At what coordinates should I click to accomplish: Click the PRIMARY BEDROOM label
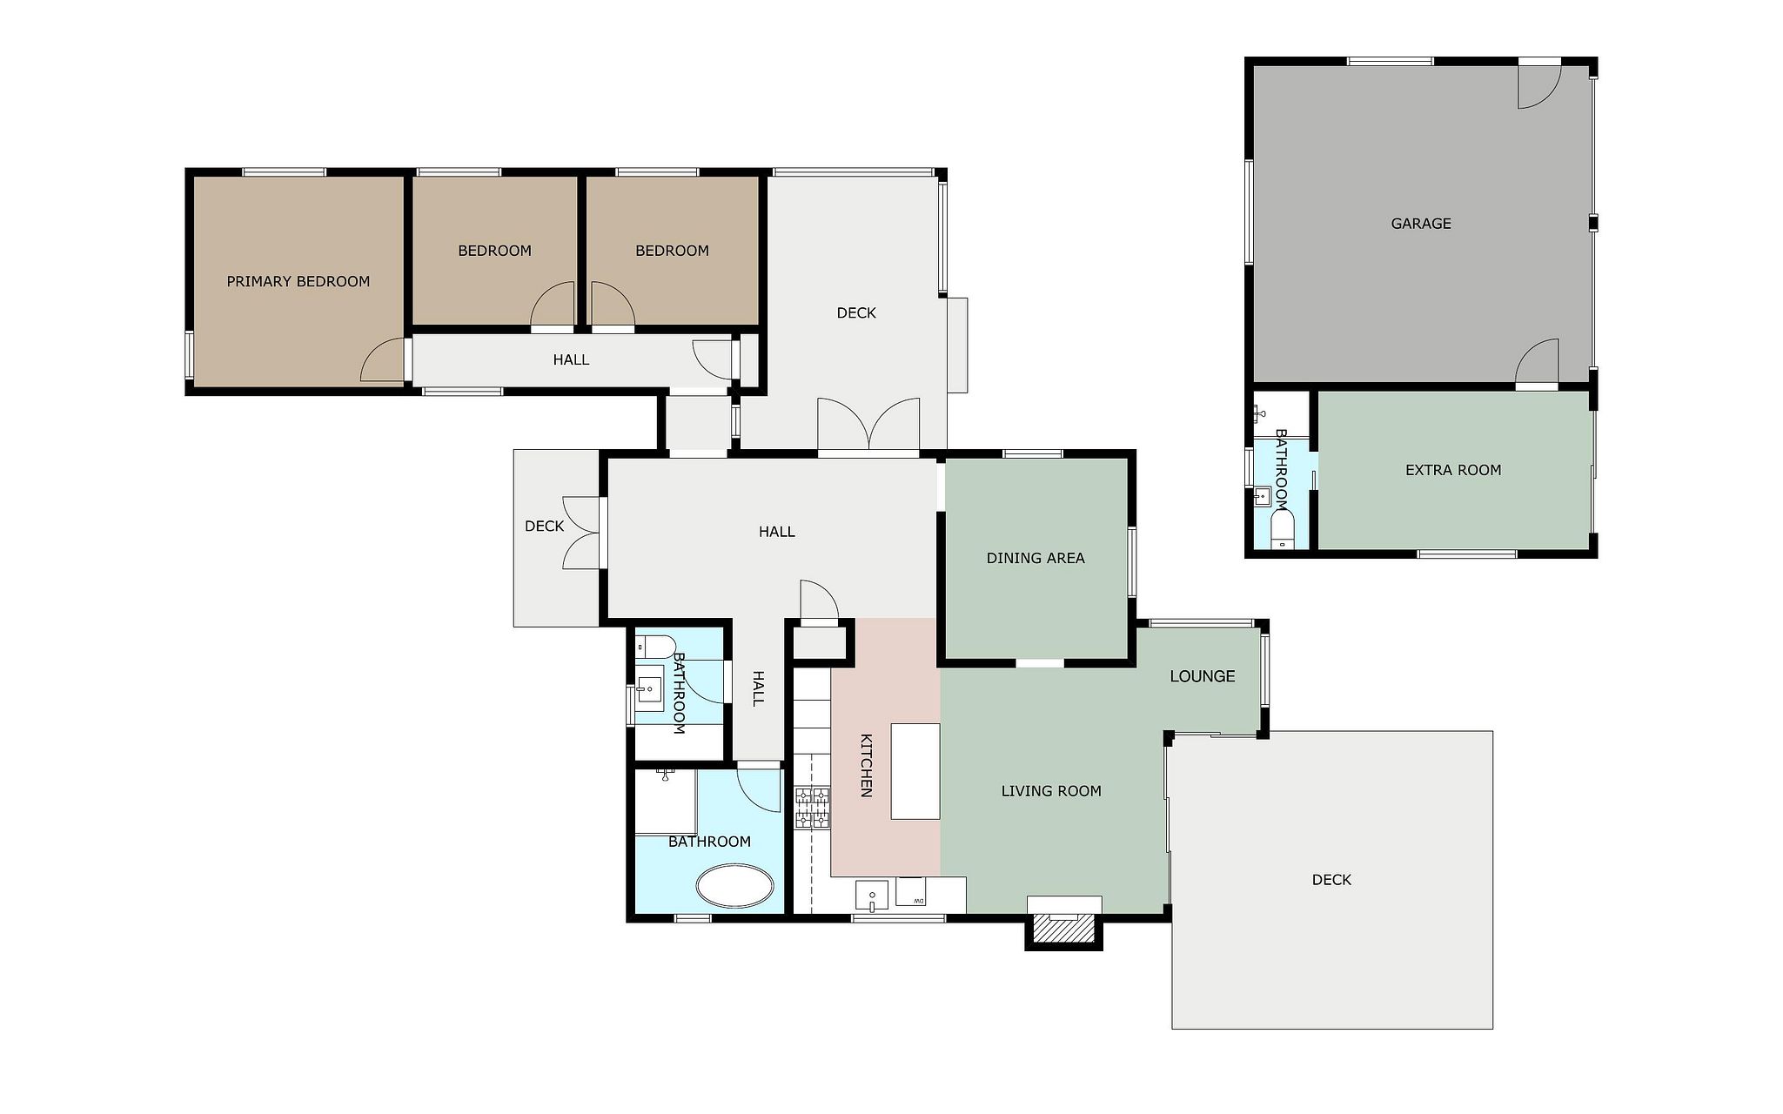(298, 281)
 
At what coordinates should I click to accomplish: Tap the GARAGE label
(1421, 224)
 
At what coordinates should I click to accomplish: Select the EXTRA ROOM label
(1453, 470)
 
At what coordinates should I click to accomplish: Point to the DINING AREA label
(1036, 558)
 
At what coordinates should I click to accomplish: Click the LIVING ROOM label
(1051, 791)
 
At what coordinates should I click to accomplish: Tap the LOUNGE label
(1203, 676)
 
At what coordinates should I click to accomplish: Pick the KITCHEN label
(867, 765)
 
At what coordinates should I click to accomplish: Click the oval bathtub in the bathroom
(734, 888)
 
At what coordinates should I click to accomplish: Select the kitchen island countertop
(915, 771)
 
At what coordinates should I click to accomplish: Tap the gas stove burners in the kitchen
(812, 807)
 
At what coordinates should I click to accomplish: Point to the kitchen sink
(871, 895)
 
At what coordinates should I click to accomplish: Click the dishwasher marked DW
(911, 891)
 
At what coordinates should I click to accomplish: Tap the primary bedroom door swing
(384, 359)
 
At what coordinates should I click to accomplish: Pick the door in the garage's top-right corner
(1540, 86)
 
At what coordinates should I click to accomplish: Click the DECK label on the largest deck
(1331, 880)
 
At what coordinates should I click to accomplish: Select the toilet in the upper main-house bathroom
(655, 647)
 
